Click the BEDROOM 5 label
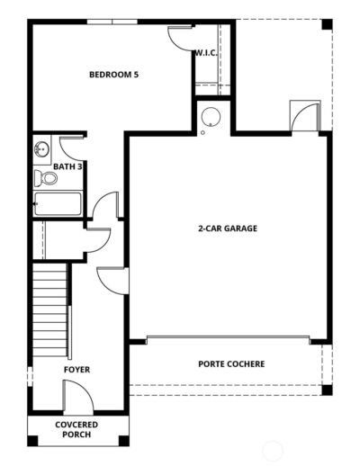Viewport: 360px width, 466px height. pyautogui.click(x=113, y=75)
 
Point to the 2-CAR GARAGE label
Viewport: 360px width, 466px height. pyautogui.click(x=228, y=229)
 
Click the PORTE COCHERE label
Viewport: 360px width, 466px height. pyautogui.click(x=231, y=364)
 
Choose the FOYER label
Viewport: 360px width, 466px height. pyautogui.click(x=76, y=370)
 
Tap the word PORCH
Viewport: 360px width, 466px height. pyautogui.click(x=76, y=435)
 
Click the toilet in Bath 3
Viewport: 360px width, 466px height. pyautogui.click(x=47, y=177)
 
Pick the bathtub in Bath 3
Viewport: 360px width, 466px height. pyautogui.click(x=57, y=206)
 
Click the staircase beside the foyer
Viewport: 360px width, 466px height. pyautogui.click(x=51, y=306)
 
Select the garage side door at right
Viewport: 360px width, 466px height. pyautogui.click(x=303, y=117)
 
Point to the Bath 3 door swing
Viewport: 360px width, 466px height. pyautogui.click(x=72, y=147)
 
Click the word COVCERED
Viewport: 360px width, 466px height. pyautogui.click(x=76, y=425)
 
